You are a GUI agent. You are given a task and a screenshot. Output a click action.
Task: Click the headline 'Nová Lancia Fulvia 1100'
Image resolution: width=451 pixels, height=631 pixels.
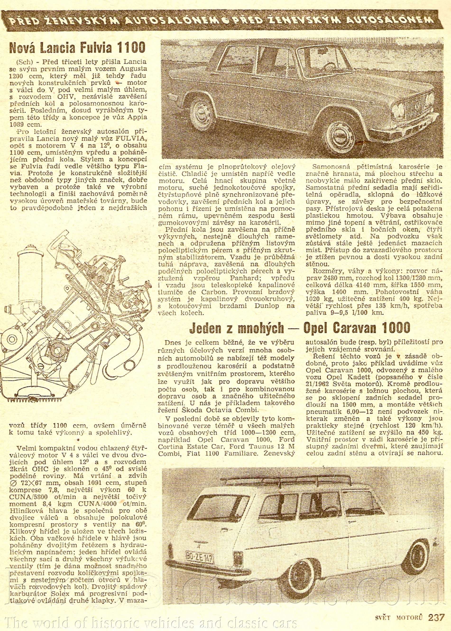coord(78,48)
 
